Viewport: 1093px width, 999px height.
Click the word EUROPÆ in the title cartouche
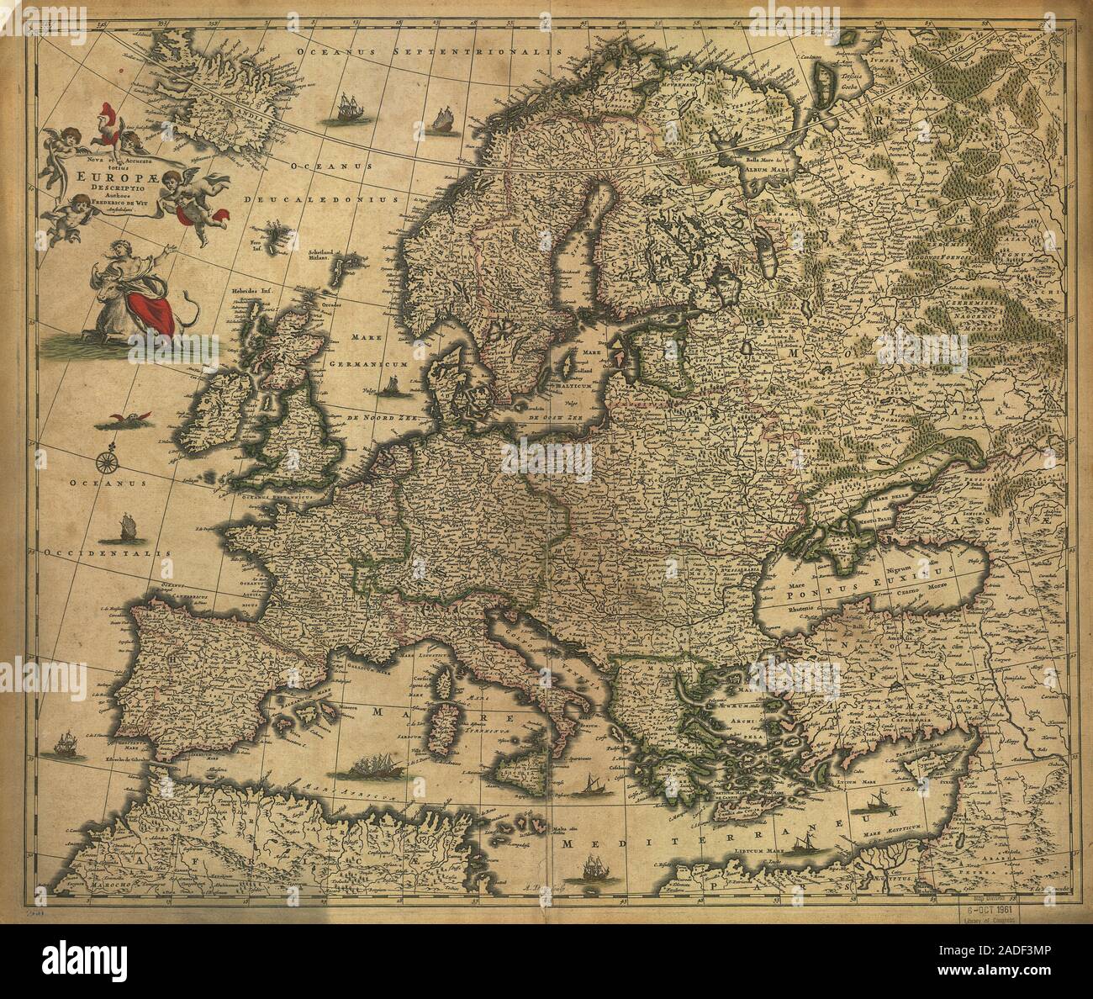point(106,177)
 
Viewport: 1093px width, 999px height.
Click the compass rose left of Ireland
point(107,460)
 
